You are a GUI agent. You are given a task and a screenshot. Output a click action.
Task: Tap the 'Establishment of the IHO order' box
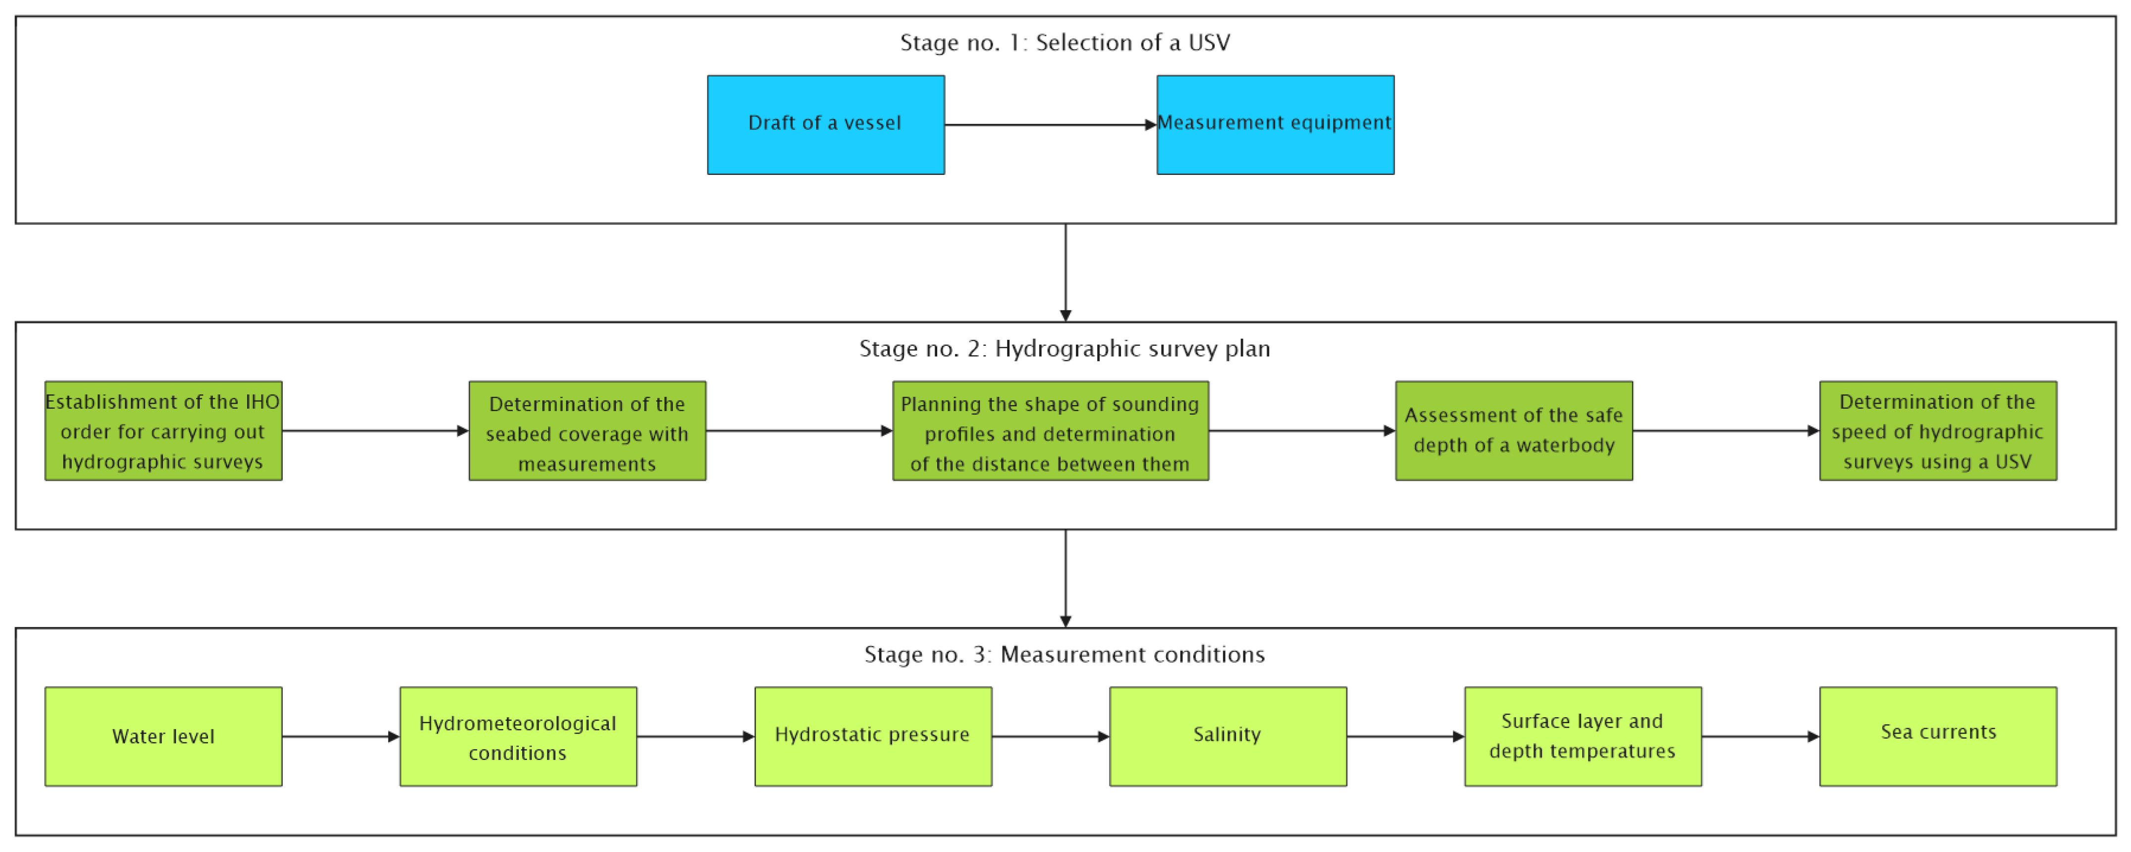click(163, 431)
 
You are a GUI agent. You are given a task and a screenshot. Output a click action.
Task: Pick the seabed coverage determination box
click(587, 431)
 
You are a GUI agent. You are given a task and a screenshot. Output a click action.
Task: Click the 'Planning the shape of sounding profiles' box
click(1050, 431)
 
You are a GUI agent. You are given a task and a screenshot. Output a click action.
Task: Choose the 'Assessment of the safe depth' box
click(1514, 431)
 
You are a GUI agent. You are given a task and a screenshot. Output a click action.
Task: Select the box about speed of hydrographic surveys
click(1937, 431)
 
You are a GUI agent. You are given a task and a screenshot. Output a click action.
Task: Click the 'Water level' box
click(163, 736)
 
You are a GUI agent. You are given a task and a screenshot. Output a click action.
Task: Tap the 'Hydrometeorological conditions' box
click(518, 736)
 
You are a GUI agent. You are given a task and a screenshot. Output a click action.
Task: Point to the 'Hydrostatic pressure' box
click(873, 736)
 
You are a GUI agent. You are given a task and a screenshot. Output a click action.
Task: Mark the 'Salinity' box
click(1227, 736)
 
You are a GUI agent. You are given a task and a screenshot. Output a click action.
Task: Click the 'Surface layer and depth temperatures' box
click(1583, 736)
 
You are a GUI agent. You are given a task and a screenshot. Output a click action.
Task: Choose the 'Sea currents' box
click(1937, 736)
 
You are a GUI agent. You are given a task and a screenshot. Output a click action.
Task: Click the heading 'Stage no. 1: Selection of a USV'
click(1065, 42)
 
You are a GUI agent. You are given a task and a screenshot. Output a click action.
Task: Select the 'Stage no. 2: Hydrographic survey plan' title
click(1065, 348)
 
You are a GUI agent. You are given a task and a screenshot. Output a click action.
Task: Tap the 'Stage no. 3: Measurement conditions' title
click(1065, 654)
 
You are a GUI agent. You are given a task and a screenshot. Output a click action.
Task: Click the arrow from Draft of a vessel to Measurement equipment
click(1050, 125)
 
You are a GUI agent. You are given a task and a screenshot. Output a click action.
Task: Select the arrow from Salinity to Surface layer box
click(1405, 736)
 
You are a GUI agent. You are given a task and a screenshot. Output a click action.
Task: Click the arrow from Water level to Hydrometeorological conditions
click(340, 736)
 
